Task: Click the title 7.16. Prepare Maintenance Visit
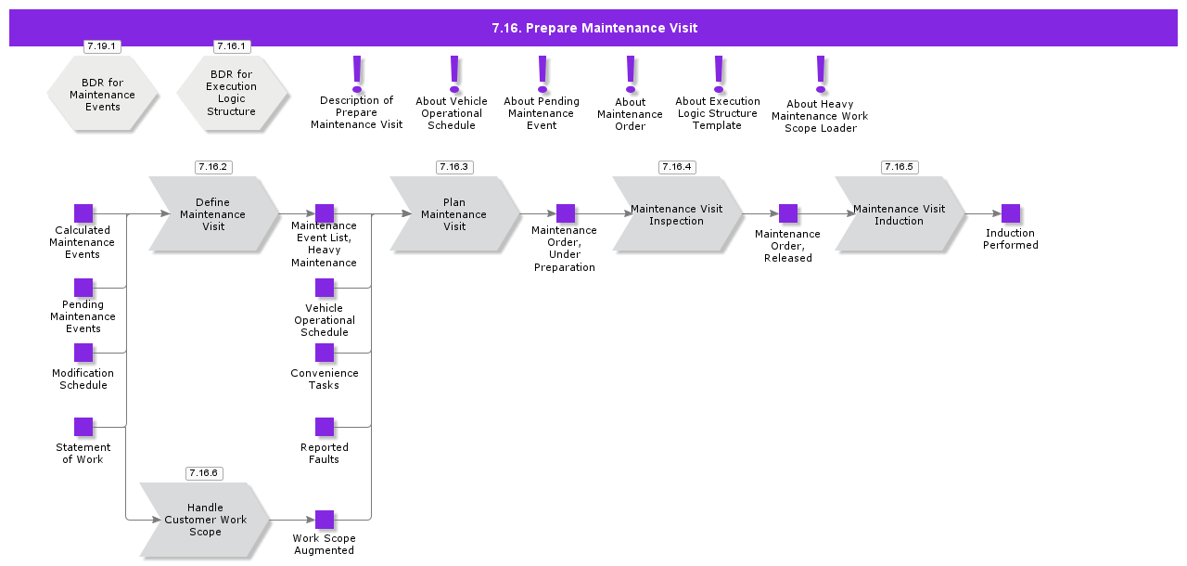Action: click(593, 28)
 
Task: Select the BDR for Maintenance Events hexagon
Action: click(102, 95)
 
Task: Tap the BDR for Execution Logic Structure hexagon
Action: click(232, 93)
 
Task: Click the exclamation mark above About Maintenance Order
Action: click(631, 71)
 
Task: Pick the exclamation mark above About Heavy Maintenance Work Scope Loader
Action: click(820, 72)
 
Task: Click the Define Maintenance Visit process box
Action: click(214, 214)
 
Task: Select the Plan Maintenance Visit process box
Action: click(454, 214)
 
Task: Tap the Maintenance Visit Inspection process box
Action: click(677, 214)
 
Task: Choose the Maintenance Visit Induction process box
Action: click(900, 214)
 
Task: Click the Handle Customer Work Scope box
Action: click(205, 520)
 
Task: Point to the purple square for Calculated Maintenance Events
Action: click(83, 213)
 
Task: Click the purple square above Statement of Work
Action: click(83, 427)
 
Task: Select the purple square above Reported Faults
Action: click(325, 427)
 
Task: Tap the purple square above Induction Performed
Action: click(1011, 213)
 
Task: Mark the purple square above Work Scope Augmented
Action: click(325, 520)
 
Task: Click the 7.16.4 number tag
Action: click(677, 167)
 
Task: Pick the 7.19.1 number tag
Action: click(102, 46)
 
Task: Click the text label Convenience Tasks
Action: click(325, 379)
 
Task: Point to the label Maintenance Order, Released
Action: click(788, 246)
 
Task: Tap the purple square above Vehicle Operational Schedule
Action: click(325, 288)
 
